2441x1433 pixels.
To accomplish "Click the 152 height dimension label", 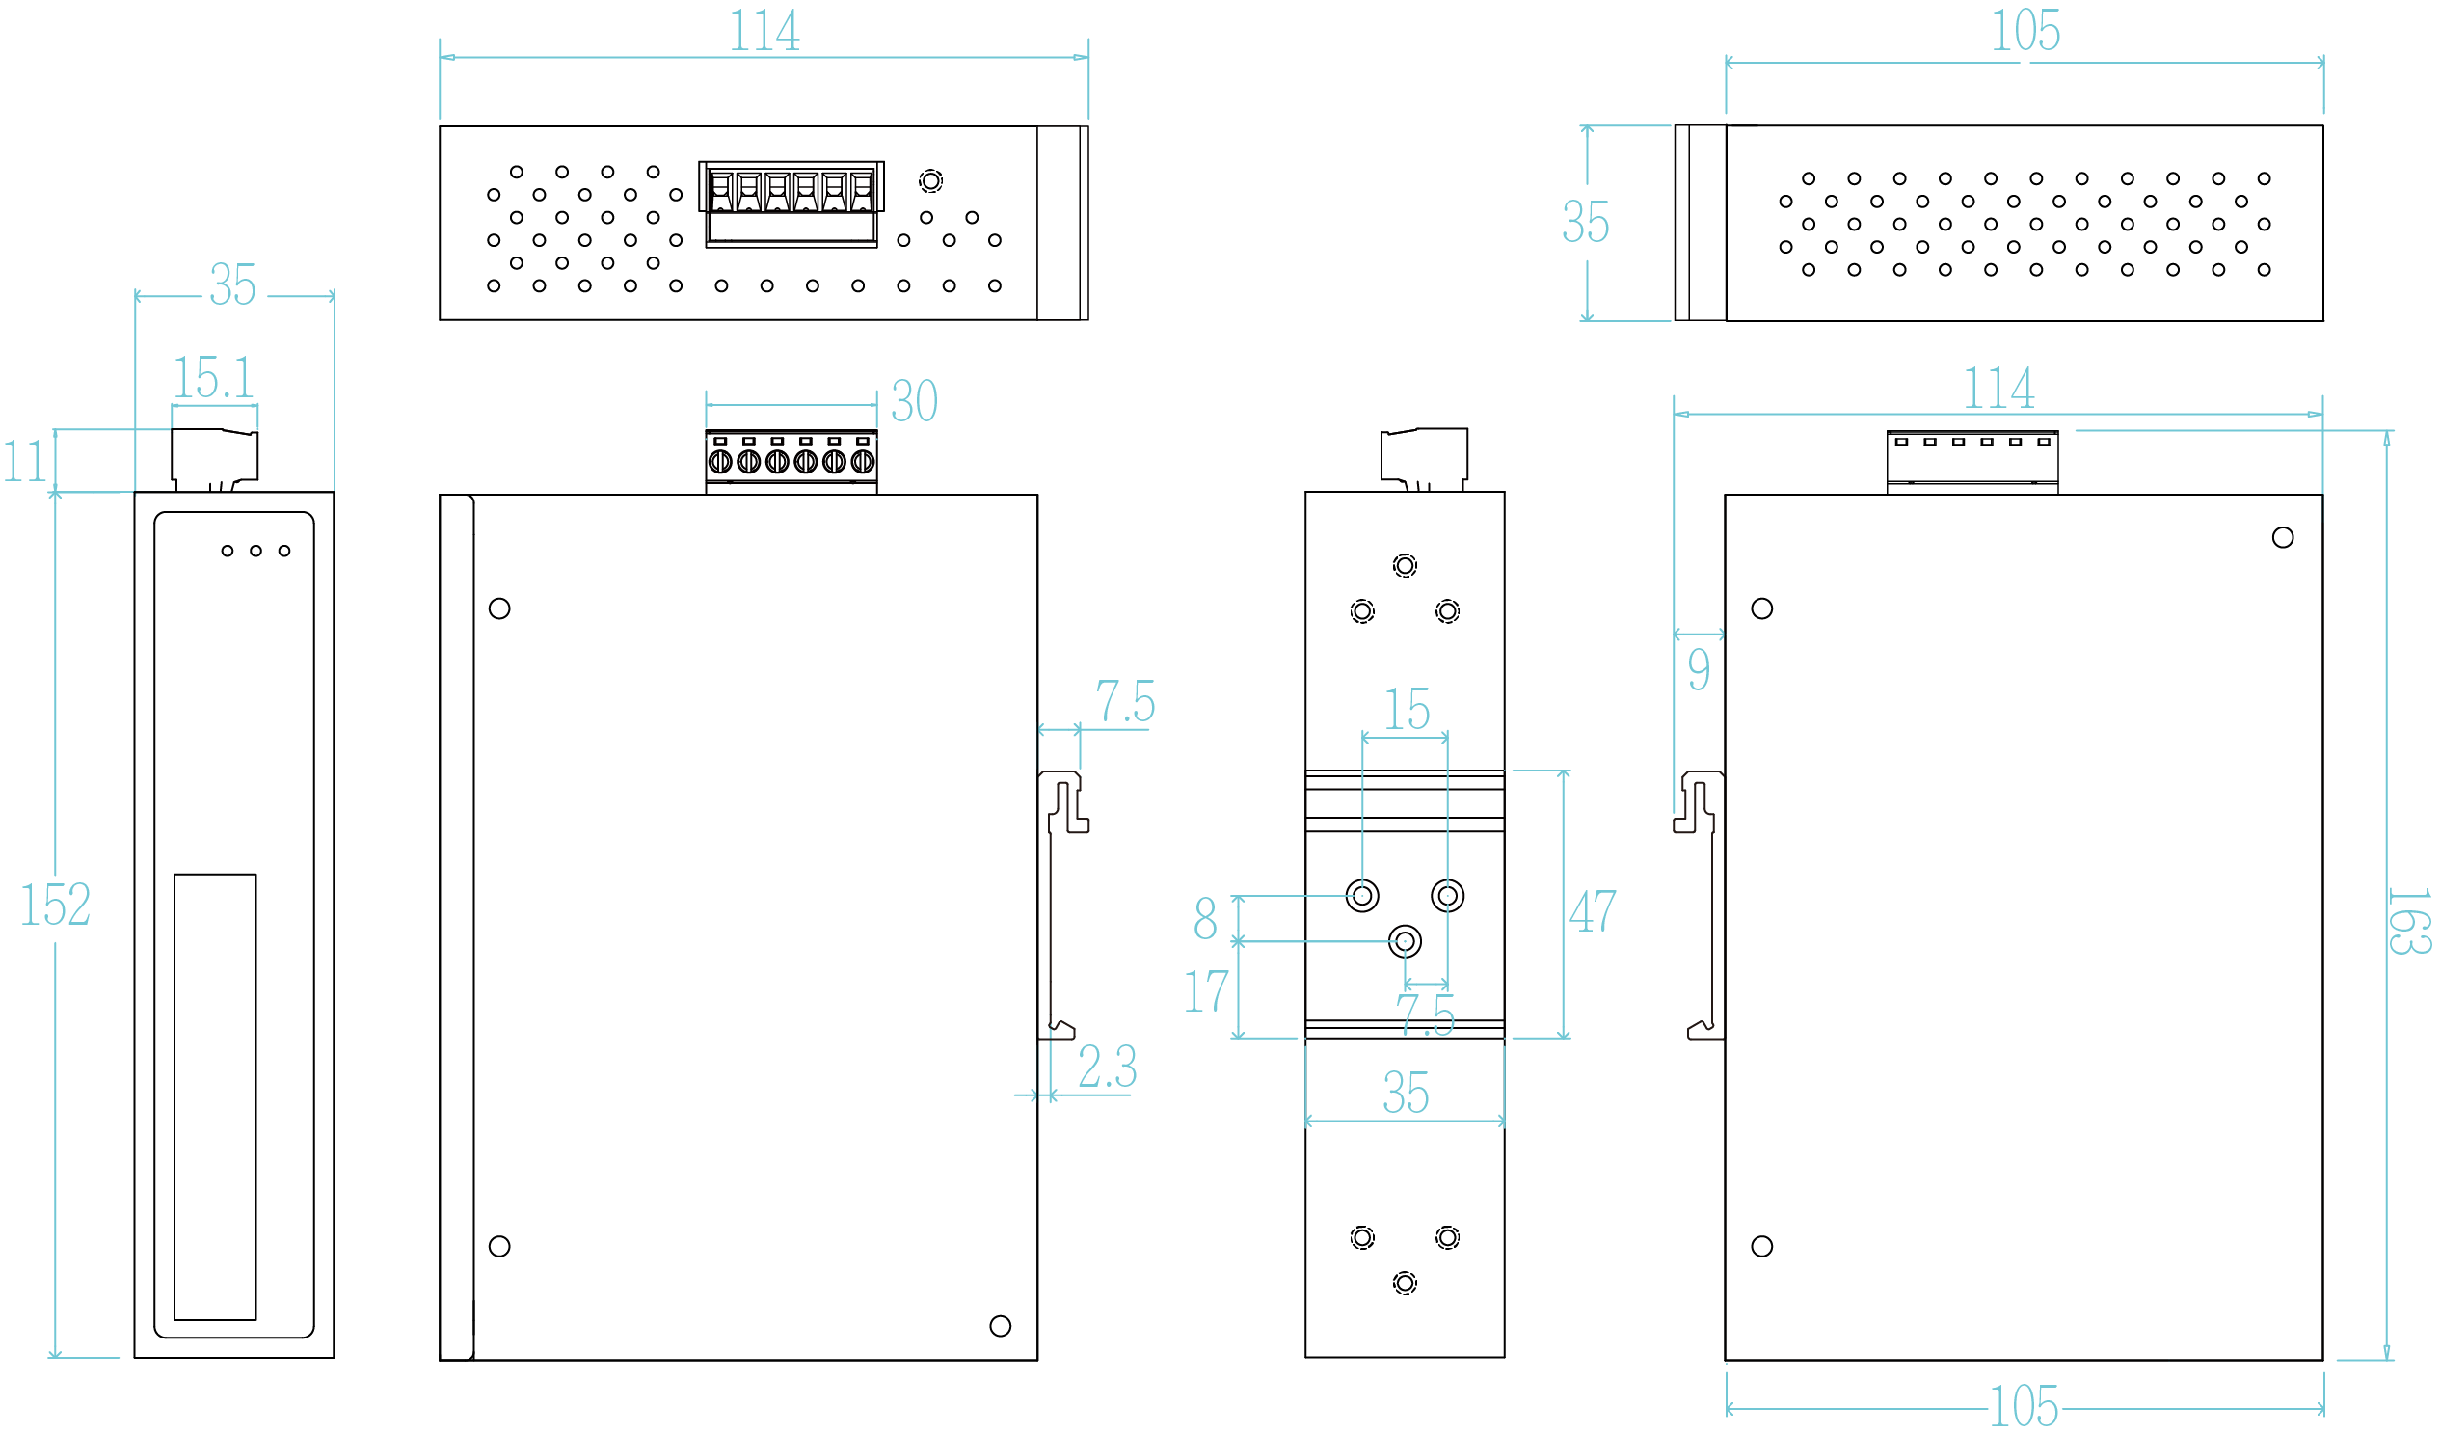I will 55,905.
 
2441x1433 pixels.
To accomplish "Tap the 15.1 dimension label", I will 213,378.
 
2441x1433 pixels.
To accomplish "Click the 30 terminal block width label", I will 914,401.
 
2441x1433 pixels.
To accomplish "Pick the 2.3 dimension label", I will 1107,1067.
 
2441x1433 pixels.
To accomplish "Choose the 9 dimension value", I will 1699,669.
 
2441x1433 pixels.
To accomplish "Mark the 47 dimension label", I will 1593,910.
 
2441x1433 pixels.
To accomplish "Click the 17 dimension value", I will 1207,991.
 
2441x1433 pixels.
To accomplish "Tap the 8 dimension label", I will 1205,917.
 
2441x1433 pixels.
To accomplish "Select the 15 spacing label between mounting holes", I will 1407,709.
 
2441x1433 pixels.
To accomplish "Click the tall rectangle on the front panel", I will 215,1095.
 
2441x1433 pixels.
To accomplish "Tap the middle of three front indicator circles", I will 255,551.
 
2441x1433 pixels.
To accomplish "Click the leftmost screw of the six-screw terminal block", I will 720,462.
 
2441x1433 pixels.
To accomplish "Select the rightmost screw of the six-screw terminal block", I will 862,462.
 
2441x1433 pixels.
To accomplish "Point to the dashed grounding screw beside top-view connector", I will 931,181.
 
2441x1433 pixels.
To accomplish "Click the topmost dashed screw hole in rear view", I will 1405,566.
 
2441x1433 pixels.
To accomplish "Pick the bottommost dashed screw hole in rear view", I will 1405,1284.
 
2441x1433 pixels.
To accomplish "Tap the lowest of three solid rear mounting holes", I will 1405,941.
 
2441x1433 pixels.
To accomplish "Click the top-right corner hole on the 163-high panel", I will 2283,538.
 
